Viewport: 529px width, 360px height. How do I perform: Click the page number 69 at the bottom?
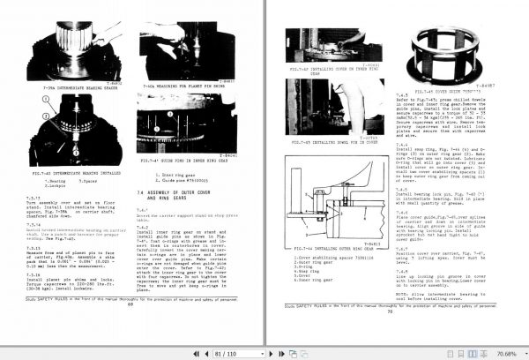tap(130, 333)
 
